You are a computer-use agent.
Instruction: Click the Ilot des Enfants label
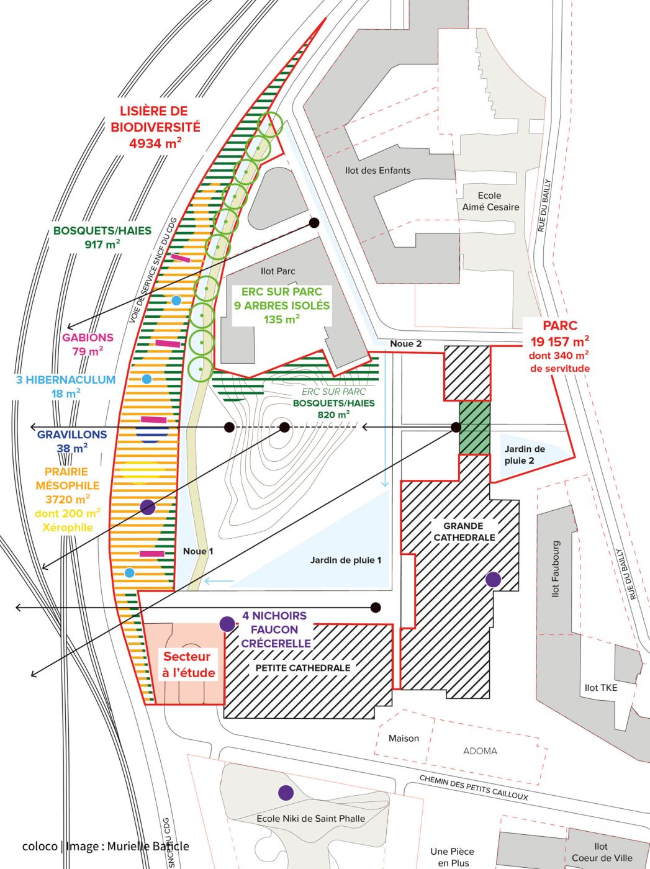(x=377, y=170)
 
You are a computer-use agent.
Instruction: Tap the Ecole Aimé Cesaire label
(x=490, y=201)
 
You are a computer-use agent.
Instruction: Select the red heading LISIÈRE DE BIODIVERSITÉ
(x=155, y=119)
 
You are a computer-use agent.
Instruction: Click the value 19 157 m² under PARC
(x=559, y=341)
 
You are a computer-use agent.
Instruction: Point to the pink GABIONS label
(x=88, y=338)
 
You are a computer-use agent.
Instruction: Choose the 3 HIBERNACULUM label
(x=66, y=379)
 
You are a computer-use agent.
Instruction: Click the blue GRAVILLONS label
(x=72, y=434)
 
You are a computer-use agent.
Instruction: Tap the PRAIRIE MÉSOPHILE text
(x=66, y=479)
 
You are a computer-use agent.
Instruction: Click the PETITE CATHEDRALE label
(x=303, y=668)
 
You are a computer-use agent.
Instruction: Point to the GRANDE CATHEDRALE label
(x=464, y=531)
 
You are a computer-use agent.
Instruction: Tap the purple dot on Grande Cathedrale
(x=493, y=579)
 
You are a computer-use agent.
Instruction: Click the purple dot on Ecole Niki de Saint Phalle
(x=286, y=792)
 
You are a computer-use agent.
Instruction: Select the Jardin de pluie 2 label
(x=525, y=454)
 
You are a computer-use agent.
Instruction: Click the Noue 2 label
(x=405, y=344)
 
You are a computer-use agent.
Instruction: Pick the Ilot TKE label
(x=601, y=687)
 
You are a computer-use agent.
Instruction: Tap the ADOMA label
(x=480, y=751)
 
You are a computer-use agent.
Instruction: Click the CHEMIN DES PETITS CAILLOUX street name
(x=473, y=788)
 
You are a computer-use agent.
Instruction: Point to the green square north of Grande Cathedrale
(x=474, y=428)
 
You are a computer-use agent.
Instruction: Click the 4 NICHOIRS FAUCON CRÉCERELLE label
(x=275, y=629)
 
